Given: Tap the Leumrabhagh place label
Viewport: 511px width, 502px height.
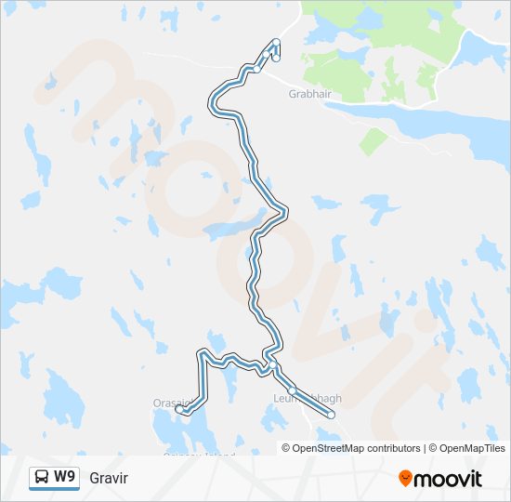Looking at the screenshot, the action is (308, 399).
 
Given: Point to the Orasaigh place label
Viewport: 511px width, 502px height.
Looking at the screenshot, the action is (171, 403).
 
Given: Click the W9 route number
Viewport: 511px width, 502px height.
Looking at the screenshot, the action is (65, 477).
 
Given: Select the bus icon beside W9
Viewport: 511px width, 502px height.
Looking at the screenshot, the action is (42, 478).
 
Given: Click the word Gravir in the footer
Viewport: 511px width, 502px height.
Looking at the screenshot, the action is (109, 478).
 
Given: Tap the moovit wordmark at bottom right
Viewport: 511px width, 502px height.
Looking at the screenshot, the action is (449, 479).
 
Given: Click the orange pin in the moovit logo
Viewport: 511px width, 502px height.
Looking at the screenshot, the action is (405, 479).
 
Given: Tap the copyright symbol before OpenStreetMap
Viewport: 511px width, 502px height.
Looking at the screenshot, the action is (286, 448).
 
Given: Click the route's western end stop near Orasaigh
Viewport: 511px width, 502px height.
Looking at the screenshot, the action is (179, 409).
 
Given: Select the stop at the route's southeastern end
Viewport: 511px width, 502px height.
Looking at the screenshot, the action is (331, 416).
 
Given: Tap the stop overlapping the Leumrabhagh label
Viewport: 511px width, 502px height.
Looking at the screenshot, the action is (292, 390).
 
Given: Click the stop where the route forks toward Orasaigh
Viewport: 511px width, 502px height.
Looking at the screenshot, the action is (267, 360).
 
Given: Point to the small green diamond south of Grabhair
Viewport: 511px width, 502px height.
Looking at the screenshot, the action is (373, 142).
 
